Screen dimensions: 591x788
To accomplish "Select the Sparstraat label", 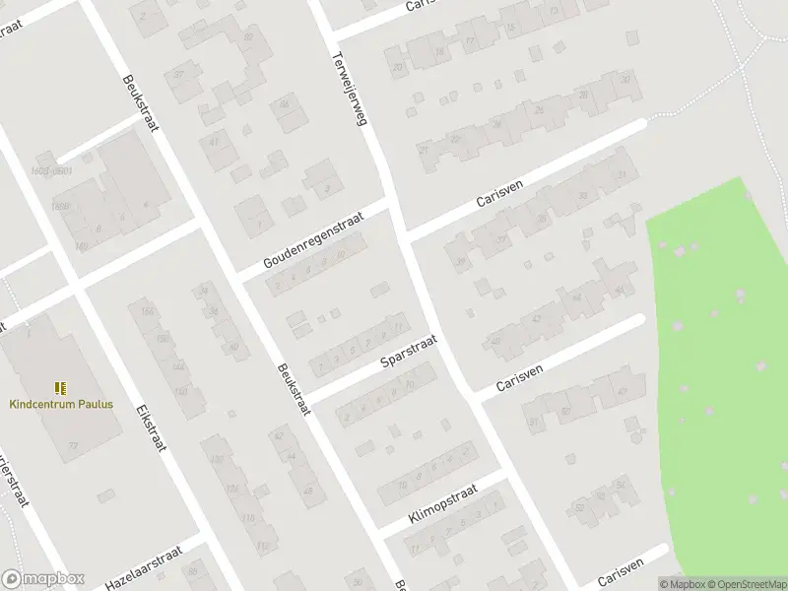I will coord(409,352).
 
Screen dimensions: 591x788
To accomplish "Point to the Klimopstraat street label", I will coord(442,503).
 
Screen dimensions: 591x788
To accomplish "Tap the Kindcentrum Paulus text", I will coord(61,404).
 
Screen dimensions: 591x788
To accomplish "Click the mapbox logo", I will coord(43,579).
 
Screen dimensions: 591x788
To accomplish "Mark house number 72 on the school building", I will coord(73,445).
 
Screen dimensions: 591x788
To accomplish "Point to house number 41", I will coord(214,141).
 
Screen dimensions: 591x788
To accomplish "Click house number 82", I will coord(248,36).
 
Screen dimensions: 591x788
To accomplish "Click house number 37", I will coord(179,74).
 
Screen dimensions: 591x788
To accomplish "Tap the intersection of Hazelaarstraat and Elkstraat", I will coord(204,541).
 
